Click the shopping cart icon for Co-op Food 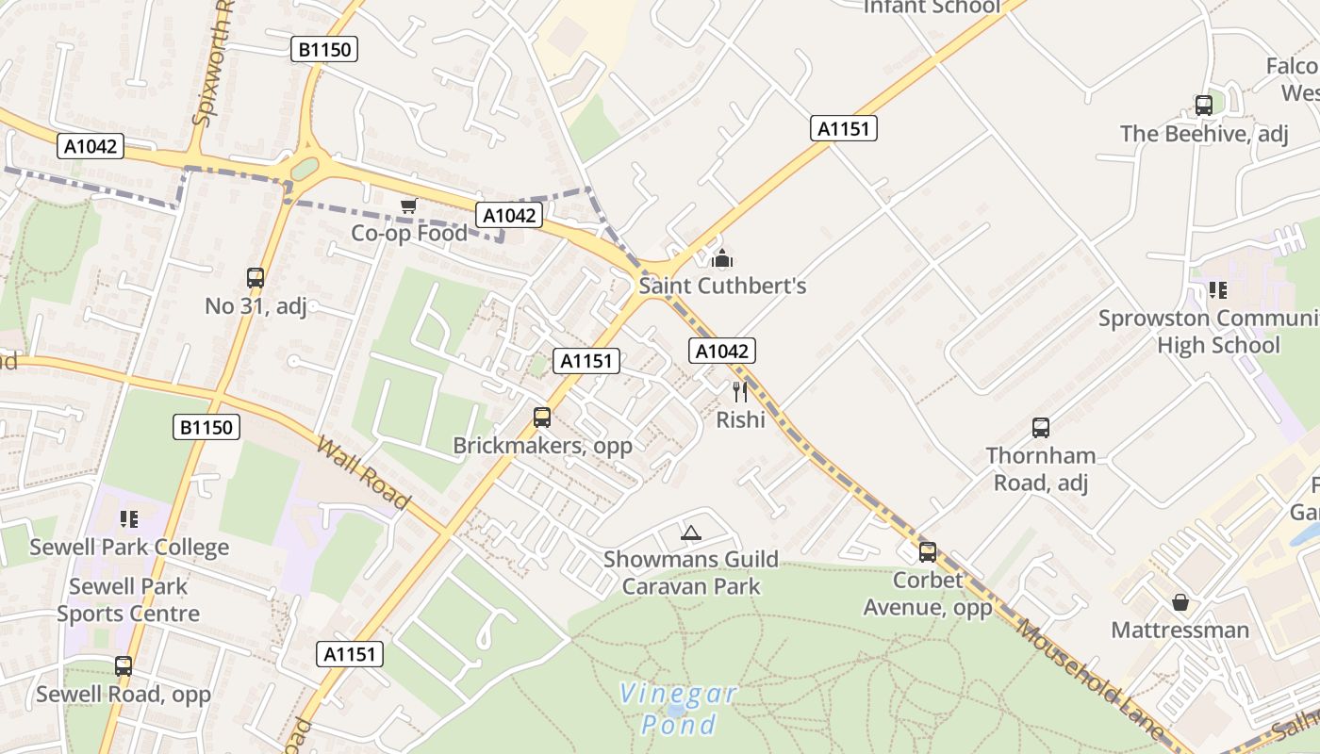click(x=408, y=205)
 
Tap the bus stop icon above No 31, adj click(x=256, y=278)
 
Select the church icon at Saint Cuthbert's click(x=722, y=257)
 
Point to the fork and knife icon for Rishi click(x=740, y=391)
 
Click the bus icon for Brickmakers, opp click(x=542, y=417)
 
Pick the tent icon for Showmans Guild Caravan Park click(x=691, y=533)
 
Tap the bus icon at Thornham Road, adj click(x=1041, y=428)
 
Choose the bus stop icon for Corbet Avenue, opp click(x=928, y=552)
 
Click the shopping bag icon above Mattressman click(x=1180, y=601)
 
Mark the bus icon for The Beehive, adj click(x=1204, y=106)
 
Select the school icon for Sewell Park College click(x=129, y=519)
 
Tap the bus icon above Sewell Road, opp click(x=124, y=666)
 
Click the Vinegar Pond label click(x=678, y=709)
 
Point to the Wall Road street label click(x=363, y=472)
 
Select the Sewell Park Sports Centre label click(x=128, y=599)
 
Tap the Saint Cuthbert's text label click(x=723, y=286)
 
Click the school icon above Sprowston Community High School click(x=1218, y=290)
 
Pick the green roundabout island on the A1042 click(x=305, y=169)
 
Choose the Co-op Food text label click(x=409, y=233)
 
